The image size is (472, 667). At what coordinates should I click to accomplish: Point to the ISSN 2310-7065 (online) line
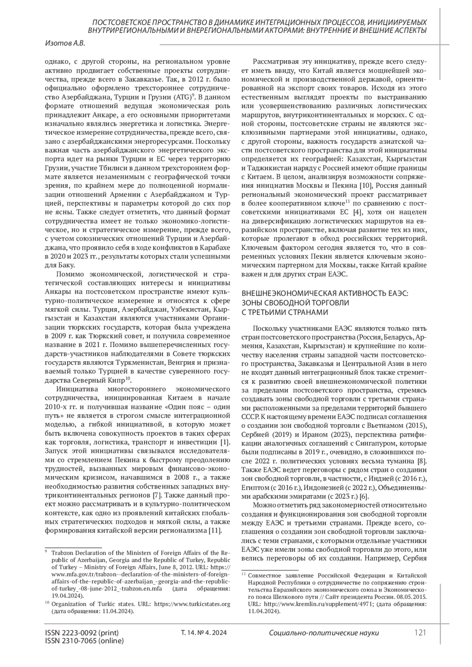coord(84,641)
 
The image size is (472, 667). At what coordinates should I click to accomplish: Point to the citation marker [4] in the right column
coord(356,213)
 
